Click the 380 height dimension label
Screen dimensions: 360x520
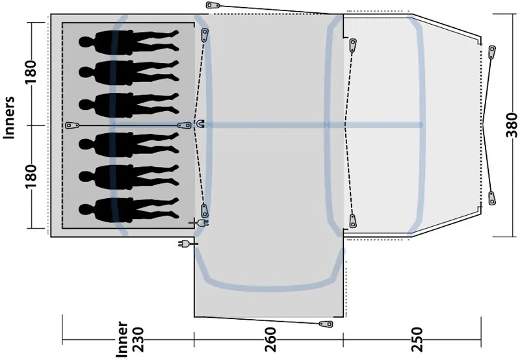tap(512, 123)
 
